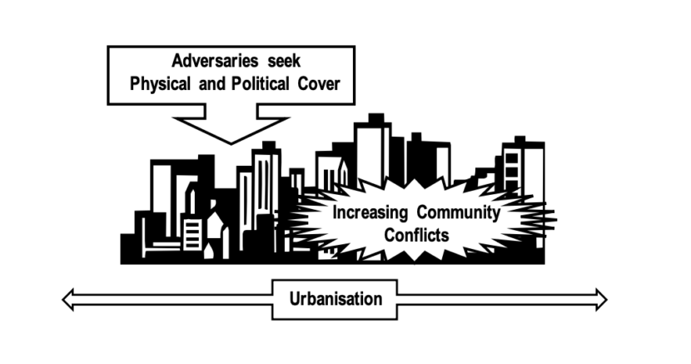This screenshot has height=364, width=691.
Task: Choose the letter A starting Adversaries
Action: click(x=177, y=61)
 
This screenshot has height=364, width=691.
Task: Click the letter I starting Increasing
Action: click(x=335, y=212)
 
